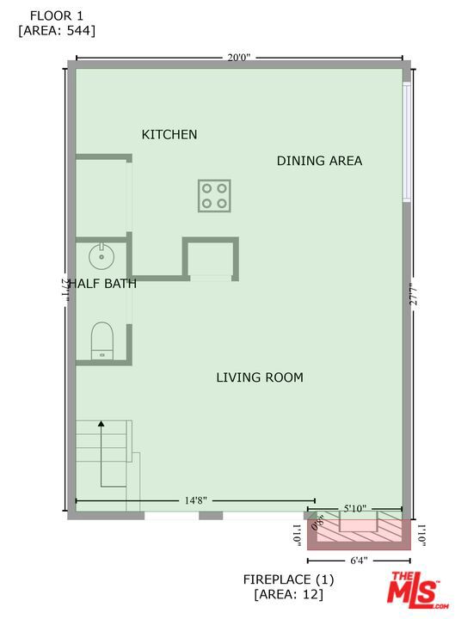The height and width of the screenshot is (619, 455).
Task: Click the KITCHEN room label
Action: [x=169, y=134]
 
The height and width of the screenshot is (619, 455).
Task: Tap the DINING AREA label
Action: [x=319, y=161]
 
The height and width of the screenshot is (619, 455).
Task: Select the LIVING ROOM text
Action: [x=259, y=377]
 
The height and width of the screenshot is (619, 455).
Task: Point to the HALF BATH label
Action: [x=102, y=284]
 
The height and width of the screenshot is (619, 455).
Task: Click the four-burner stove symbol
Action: [x=214, y=195]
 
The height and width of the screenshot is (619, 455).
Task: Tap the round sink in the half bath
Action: [x=101, y=254]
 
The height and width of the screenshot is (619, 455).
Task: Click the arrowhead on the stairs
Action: [x=101, y=423]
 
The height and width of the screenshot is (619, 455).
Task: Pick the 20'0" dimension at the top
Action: [x=238, y=58]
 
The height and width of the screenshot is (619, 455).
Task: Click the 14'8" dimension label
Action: [x=194, y=500]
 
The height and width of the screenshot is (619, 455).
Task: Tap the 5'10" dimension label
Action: [x=357, y=509]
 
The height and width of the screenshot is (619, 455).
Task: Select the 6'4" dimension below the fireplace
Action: [x=359, y=561]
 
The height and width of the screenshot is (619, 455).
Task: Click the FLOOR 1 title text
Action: [x=57, y=15]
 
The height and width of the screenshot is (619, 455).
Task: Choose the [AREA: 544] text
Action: [x=57, y=30]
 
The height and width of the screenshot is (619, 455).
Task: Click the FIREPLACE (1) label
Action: [x=287, y=579]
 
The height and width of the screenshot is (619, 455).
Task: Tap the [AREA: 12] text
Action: [x=287, y=594]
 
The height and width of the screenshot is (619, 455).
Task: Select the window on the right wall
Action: [x=406, y=142]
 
